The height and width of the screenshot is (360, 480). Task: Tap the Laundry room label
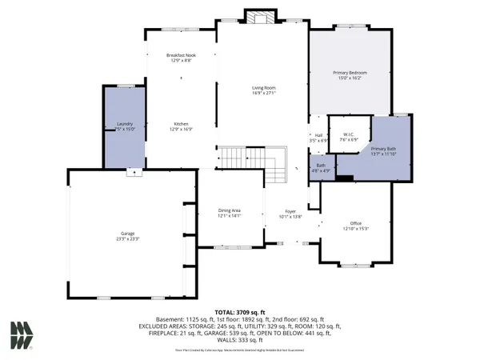[x=124, y=123]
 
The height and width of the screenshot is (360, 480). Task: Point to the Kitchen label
[x=182, y=123]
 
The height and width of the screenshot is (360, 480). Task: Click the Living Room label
[x=264, y=88]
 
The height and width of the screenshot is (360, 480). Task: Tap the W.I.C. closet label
[x=349, y=134]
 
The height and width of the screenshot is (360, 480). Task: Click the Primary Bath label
[x=382, y=149]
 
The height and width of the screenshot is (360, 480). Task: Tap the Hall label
[x=318, y=135]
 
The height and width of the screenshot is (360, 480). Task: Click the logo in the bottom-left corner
[x=21, y=334]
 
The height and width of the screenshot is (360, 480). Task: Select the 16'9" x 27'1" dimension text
[x=264, y=93]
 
